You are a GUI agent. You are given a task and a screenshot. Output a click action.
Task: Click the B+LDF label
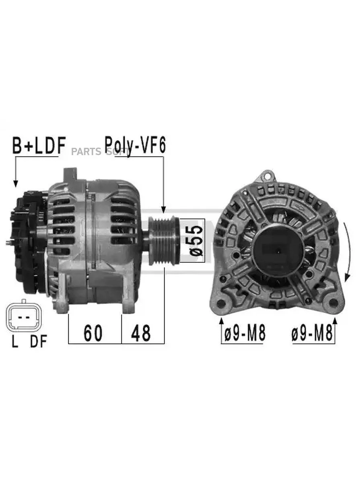click(39, 146)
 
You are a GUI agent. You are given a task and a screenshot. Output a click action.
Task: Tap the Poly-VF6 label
click(135, 146)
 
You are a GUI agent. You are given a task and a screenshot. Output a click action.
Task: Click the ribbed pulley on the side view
click(164, 241)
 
